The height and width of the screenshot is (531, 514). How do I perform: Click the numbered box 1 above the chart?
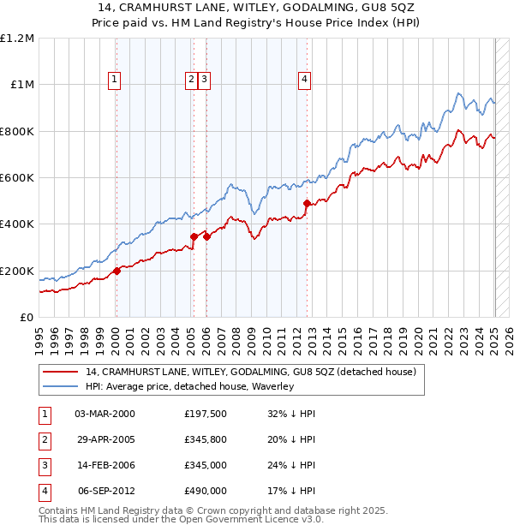(x=115, y=80)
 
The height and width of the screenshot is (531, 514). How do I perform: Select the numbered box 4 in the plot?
(x=304, y=80)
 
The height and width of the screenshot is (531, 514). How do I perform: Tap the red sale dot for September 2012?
(x=307, y=203)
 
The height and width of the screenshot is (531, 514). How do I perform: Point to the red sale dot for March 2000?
(x=117, y=271)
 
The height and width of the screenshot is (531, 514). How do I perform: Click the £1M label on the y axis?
(x=21, y=84)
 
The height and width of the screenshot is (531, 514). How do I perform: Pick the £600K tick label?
(x=17, y=177)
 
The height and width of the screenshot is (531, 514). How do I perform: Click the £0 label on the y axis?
(x=27, y=317)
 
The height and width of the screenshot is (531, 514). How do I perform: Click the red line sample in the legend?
(x=60, y=372)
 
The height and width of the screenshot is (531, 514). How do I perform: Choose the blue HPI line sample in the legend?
(x=60, y=386)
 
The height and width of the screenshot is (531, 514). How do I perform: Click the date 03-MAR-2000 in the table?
(x=105, y=414)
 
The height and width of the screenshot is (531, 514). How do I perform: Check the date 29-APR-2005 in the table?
(x=105, y=440)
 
